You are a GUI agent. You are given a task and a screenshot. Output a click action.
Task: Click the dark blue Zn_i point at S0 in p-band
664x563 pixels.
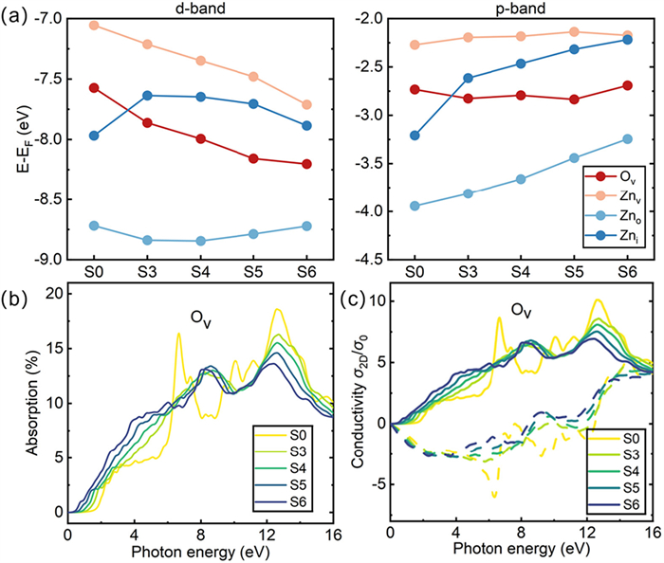[414, 136]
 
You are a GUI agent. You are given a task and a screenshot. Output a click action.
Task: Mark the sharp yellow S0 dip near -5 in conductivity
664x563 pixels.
[494, 494]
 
